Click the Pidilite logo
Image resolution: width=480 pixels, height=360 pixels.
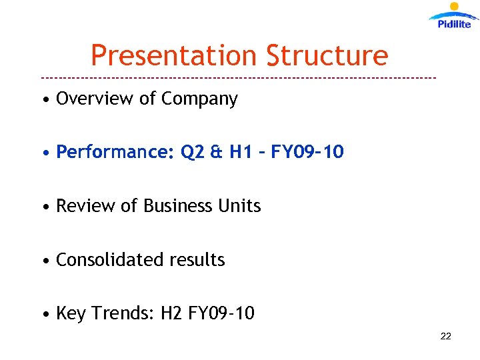[x=453, y=17]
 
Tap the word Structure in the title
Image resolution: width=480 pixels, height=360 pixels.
[x=327, y=56]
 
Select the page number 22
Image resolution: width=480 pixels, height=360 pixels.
[x=446, y=336]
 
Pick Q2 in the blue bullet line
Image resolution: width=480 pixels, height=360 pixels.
[x=193, y=153]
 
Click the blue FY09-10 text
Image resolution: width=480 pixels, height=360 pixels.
[x=307, y=153]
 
